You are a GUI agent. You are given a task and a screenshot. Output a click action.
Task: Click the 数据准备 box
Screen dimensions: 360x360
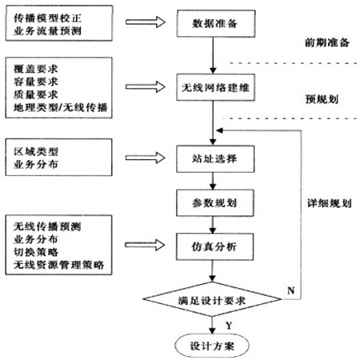216,23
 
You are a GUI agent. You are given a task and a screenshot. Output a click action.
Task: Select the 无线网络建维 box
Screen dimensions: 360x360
215,87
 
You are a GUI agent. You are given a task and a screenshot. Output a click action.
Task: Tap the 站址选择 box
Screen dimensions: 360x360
215,158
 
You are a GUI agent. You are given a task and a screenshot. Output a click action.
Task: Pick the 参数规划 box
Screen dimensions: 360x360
215,203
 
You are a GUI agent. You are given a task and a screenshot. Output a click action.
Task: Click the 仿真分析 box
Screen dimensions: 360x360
214,246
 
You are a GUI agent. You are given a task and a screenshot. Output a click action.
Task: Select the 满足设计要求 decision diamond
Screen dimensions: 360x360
212,299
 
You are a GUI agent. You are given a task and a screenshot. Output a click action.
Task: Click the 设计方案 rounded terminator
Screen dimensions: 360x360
212,346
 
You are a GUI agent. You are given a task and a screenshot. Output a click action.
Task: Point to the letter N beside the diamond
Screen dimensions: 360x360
291,290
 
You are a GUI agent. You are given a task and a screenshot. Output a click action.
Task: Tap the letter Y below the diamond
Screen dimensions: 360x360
229,326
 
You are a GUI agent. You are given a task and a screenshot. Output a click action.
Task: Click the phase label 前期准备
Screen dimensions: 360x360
327,42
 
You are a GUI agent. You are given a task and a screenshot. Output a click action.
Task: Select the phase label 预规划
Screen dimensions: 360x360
322,99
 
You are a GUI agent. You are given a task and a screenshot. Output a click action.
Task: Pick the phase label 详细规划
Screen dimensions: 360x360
330,203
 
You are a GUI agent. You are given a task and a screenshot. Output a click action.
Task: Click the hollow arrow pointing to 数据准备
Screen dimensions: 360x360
146,22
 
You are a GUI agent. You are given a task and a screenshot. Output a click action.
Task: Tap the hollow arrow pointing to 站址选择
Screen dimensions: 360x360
146,158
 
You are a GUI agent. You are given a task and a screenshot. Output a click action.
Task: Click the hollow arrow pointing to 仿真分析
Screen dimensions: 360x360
145,245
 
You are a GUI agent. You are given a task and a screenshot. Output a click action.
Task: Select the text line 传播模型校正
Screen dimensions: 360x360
47,18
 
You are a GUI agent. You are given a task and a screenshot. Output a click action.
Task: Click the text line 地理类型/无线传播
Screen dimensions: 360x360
61,107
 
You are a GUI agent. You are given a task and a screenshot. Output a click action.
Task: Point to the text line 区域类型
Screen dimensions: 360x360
36,151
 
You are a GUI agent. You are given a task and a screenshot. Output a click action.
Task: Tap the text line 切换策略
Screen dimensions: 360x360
36,252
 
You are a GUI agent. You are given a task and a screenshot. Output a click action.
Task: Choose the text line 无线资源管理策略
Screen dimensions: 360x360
58,265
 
